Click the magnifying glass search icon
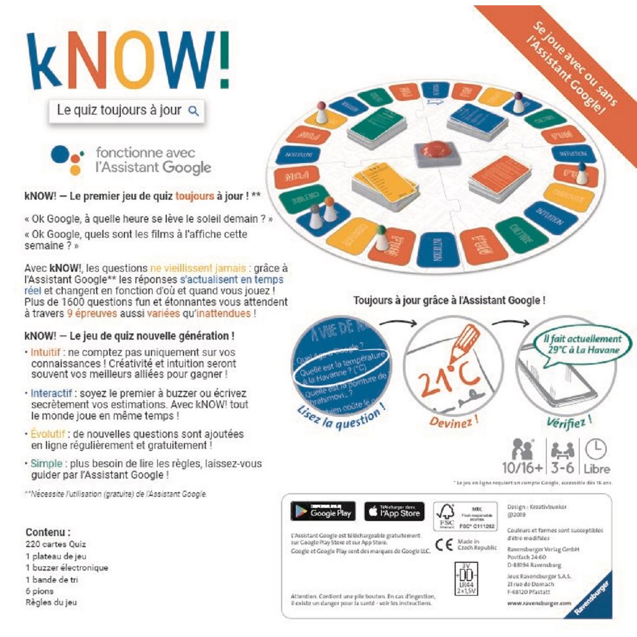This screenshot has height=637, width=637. point(194,111)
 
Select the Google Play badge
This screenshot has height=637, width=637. point(323,511)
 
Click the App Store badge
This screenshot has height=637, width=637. point(394,511)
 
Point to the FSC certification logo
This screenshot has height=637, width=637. point(445,515)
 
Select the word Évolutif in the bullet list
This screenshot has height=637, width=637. point(48,434)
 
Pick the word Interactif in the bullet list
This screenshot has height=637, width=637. point(51,393)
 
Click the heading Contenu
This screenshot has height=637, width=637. point(48,532)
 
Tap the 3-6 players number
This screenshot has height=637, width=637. point(562,468)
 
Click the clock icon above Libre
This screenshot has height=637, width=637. point(596,449)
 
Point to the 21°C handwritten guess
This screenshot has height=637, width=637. point(449,375)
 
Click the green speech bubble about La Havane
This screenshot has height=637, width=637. point(583,345)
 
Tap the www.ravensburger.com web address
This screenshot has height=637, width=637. point(539,604)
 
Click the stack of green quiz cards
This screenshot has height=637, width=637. point(377,125)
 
